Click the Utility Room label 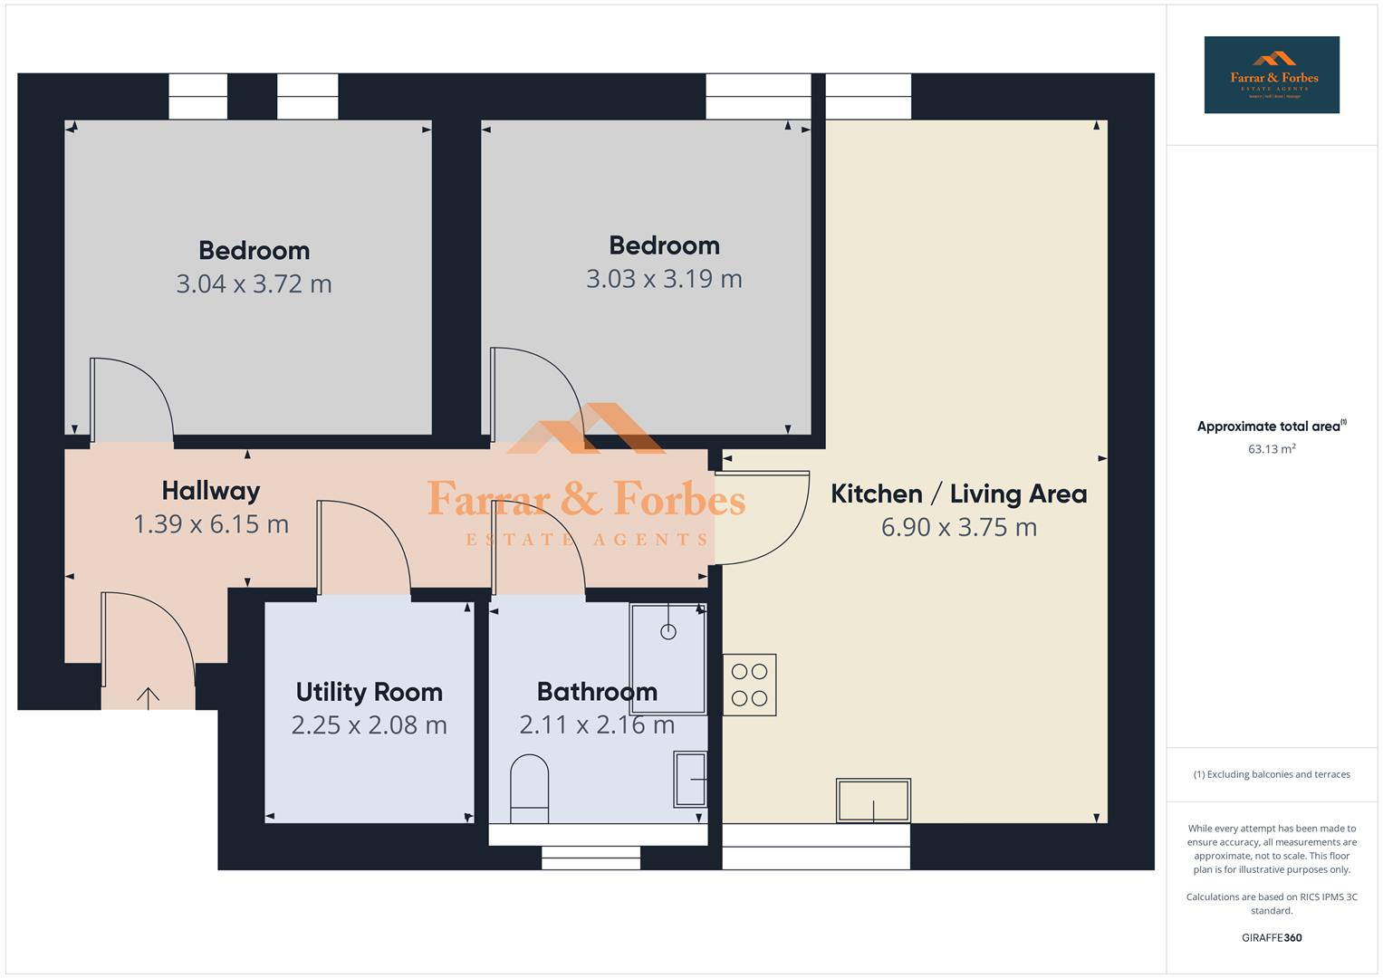[x=369, y=692]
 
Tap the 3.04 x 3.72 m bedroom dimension [x=254, y=283]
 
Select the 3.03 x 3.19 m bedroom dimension [x=664, y=278]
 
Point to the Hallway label [x=211, y=491]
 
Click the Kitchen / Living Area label [x=958, y=494]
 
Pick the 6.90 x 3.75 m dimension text [x=958, y=527]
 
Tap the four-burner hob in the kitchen [x=749, y=685]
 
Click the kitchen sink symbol [x=873, y=801]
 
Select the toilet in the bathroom [x=530, y=789]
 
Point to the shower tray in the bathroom [x=668, y=658]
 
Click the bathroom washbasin [x=690, y=779]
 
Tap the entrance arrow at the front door [x=148, y=696]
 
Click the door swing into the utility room [x=362, y=548]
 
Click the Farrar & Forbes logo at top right [x=1271, y=74]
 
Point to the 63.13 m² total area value [x=1271, y=449]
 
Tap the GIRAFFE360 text [x=1271, y=937]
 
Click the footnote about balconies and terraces [x=1271, y=774]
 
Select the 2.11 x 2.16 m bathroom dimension [x=597, y=725]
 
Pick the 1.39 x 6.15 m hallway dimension [x=211, y=524]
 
